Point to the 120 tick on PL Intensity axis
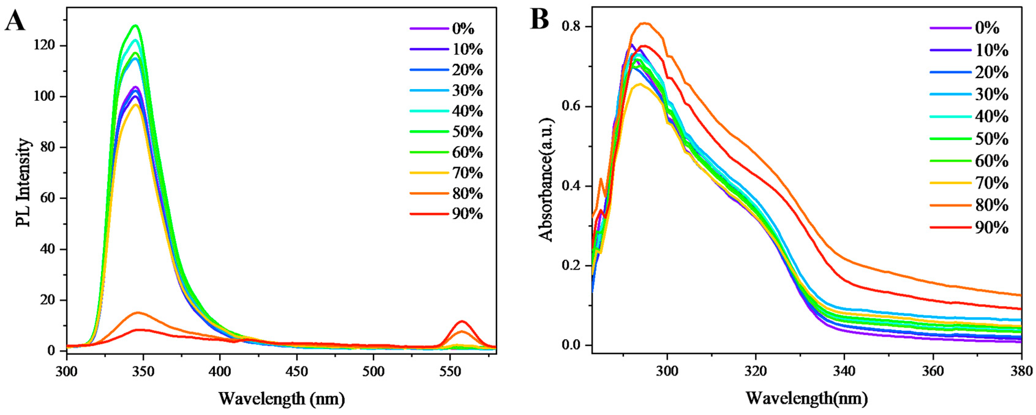tap(47, 46)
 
